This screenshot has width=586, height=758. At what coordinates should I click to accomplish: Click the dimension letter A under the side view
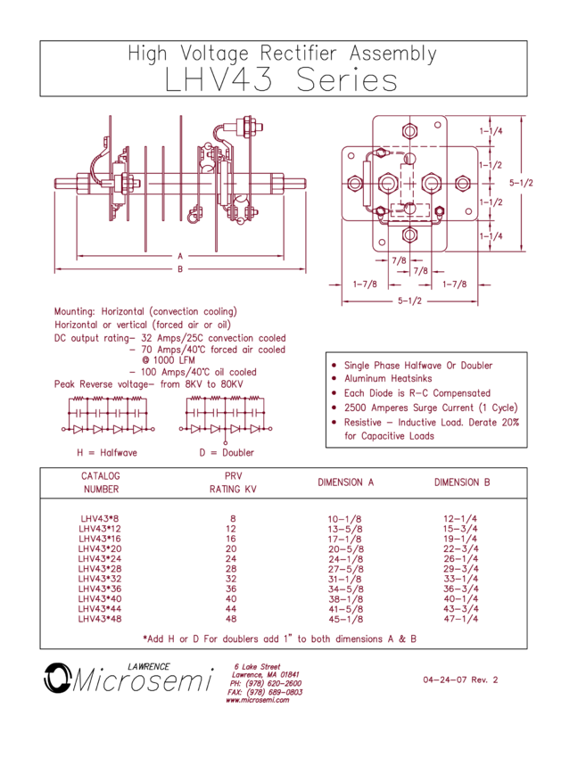tap(180, 256)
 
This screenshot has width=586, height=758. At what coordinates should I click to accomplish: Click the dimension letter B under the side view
tap(180, 268)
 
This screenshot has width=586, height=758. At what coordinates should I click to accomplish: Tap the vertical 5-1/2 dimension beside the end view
tap(521, 183)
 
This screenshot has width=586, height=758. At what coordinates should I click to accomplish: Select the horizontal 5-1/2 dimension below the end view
tap(409, 301)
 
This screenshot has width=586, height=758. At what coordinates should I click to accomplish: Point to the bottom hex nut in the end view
tap(409, 235)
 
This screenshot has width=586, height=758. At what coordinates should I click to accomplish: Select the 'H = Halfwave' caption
tap(107, 452)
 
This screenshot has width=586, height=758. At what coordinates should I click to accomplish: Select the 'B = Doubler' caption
tap(227, 452)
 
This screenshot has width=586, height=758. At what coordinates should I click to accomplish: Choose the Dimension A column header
tap(345, 482)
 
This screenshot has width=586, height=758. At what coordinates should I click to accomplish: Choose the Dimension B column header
tap(462, 482)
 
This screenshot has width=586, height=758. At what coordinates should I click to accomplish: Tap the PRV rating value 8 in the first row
tap(233, 518)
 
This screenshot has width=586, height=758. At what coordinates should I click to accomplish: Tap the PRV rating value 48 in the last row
tap(233, 618)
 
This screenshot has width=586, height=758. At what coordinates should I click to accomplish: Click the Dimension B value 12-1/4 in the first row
tap(462, 518)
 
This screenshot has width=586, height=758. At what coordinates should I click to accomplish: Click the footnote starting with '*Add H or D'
tap(279, 639)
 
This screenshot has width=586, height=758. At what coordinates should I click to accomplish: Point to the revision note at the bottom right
tap(460, 680)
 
